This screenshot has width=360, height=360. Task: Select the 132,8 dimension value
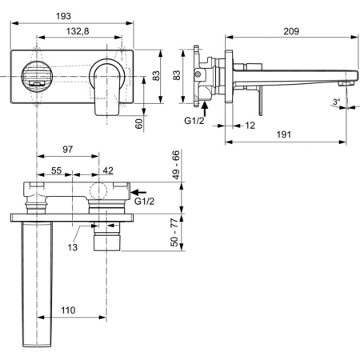[78, 31]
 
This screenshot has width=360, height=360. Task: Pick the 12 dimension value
[250, 125]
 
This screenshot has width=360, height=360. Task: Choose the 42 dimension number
[108, 170]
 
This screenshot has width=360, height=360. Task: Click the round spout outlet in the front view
[34, 74]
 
